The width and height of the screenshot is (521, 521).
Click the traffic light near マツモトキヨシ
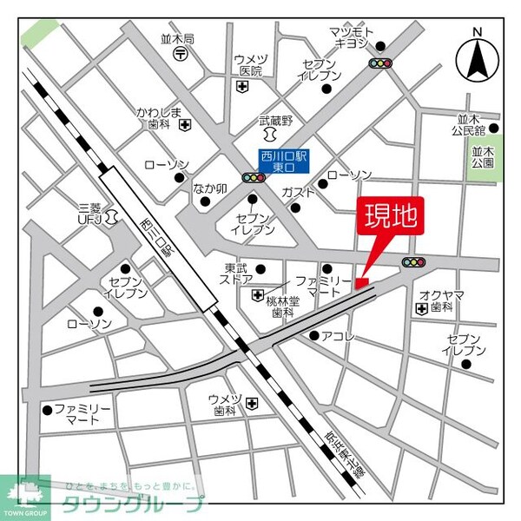pyautogui.click(x=379, y=63)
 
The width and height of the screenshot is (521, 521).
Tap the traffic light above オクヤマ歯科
pyautogui.click(x=413, y=262)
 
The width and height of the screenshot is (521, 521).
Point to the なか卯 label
pyautogui.click(x=209, y=188)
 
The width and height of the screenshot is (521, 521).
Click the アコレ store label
pyautogui.click(x=339, y=336)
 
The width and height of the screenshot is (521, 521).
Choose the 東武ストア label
pyautogui.click(x=238, y=274)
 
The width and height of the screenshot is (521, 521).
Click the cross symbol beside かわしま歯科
pyautogui.click(x=185, y=125)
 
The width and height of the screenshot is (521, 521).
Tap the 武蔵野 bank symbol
pyautogui.click(x=268, y=138)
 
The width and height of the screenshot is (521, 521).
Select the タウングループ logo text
pyautogui.click(x=132, y=503)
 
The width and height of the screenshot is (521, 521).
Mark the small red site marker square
pyautogui.click(x=361, y=281)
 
